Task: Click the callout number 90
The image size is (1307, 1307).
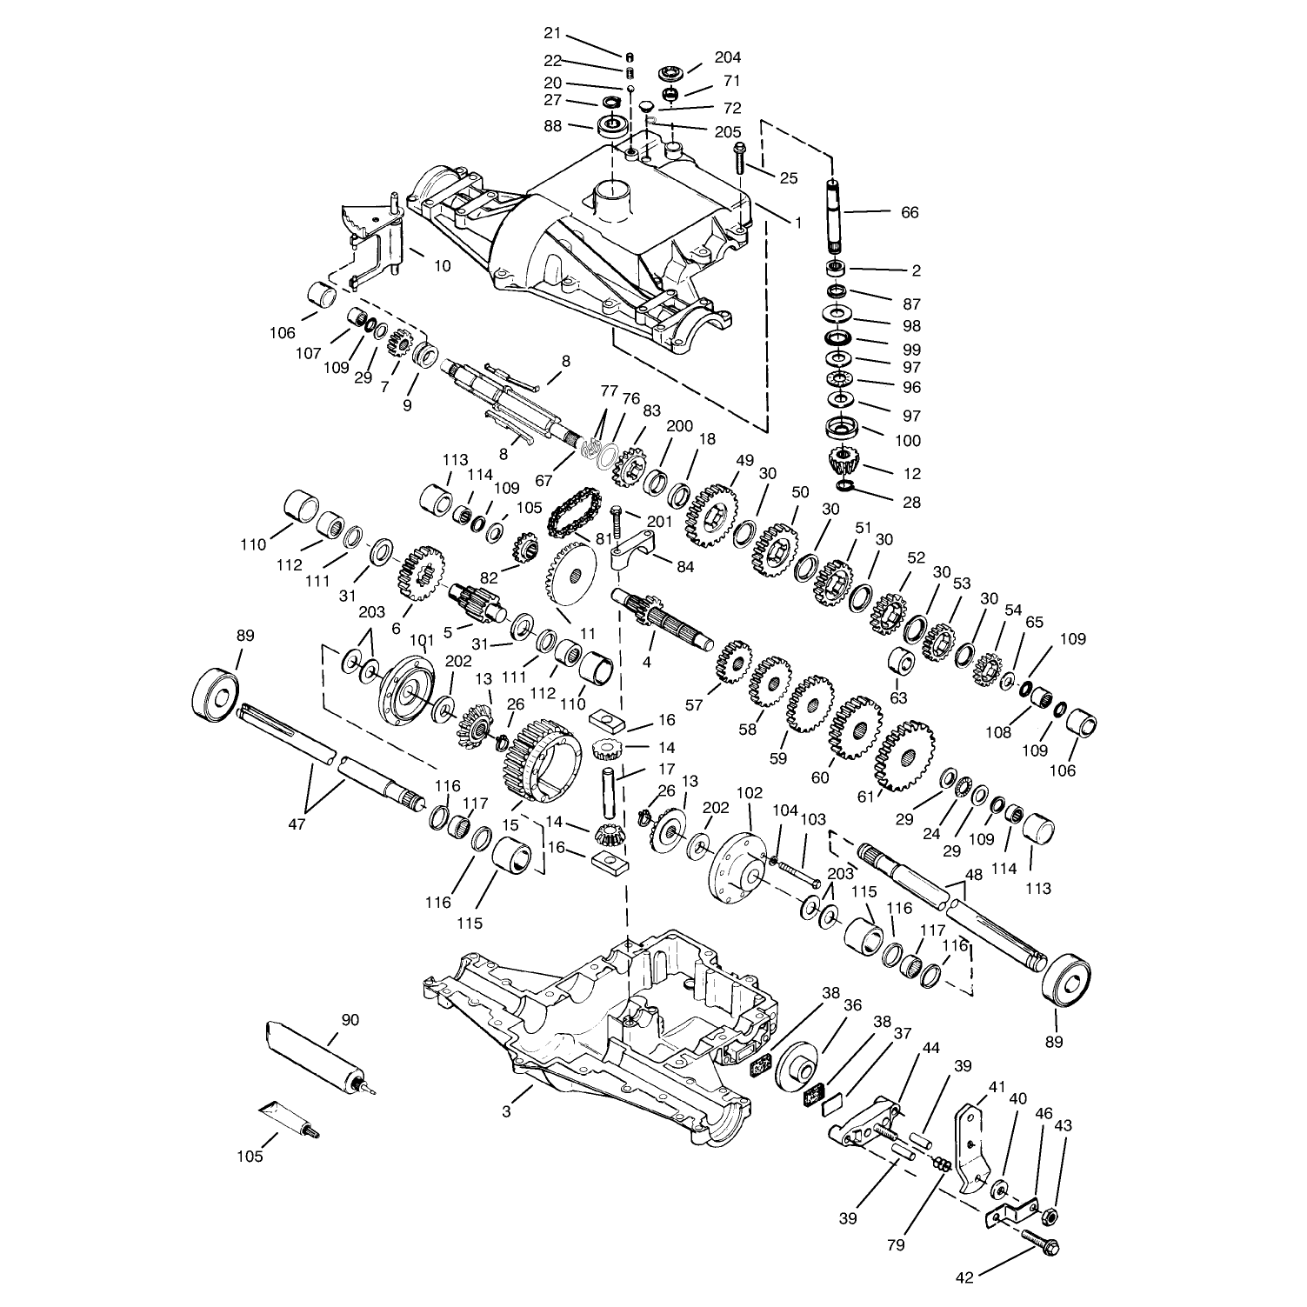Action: pyautogui.click(x=350, y=1020)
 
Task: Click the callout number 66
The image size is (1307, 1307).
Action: pyautogui.click(x=910, y=212)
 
